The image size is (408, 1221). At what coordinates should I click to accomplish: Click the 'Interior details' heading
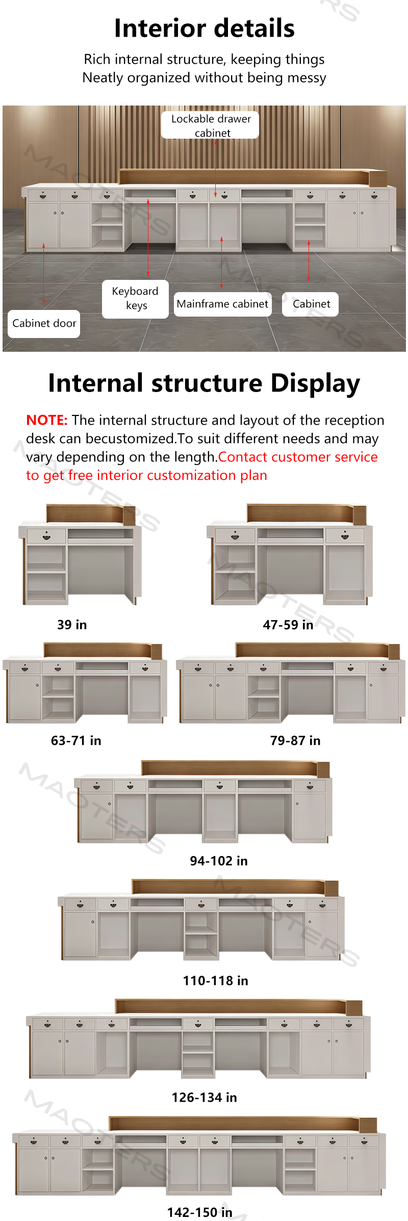coord(204,29)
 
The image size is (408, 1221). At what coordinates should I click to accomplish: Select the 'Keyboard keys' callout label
coord(135,299)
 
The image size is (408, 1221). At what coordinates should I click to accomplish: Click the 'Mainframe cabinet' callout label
coord(222,304)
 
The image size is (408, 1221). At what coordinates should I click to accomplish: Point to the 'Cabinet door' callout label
coord(44,324)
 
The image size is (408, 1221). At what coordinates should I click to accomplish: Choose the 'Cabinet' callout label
coord(311,304)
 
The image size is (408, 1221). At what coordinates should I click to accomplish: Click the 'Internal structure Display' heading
coord(204,383)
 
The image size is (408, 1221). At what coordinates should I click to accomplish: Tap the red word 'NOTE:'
coord(47,420)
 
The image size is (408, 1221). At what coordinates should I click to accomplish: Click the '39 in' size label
coord(72,625)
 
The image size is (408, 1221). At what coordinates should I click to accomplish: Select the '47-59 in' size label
coord(288,625)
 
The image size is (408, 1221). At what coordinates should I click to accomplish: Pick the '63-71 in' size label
coord(76,740)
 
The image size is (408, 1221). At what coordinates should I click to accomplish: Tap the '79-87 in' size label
coord(295,740)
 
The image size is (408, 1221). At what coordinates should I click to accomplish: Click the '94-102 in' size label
coord(219,861)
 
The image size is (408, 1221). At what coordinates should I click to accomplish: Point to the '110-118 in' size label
coord(216,980)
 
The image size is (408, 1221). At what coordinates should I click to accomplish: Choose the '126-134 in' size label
coord(205,1097)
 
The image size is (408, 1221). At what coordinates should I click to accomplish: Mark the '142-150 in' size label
coord(200,1212)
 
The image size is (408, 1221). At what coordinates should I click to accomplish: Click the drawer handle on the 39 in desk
coord(46,537)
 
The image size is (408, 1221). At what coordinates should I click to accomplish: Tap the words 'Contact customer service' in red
coord(298,457)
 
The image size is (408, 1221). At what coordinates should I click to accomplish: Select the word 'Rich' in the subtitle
coord(97,59)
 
